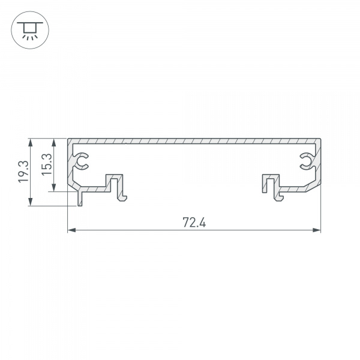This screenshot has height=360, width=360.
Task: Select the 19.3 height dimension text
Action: point(22,172)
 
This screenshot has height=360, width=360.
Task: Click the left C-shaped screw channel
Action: point(82,160)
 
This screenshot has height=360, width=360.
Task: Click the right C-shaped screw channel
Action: point(305,160)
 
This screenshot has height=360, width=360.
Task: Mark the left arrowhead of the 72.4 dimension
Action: point(70,230)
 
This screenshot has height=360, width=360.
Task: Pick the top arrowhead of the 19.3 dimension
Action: point(29,142)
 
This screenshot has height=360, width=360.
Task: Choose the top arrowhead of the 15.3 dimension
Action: point(55,142)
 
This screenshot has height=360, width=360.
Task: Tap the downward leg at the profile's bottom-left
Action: point(79,199)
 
